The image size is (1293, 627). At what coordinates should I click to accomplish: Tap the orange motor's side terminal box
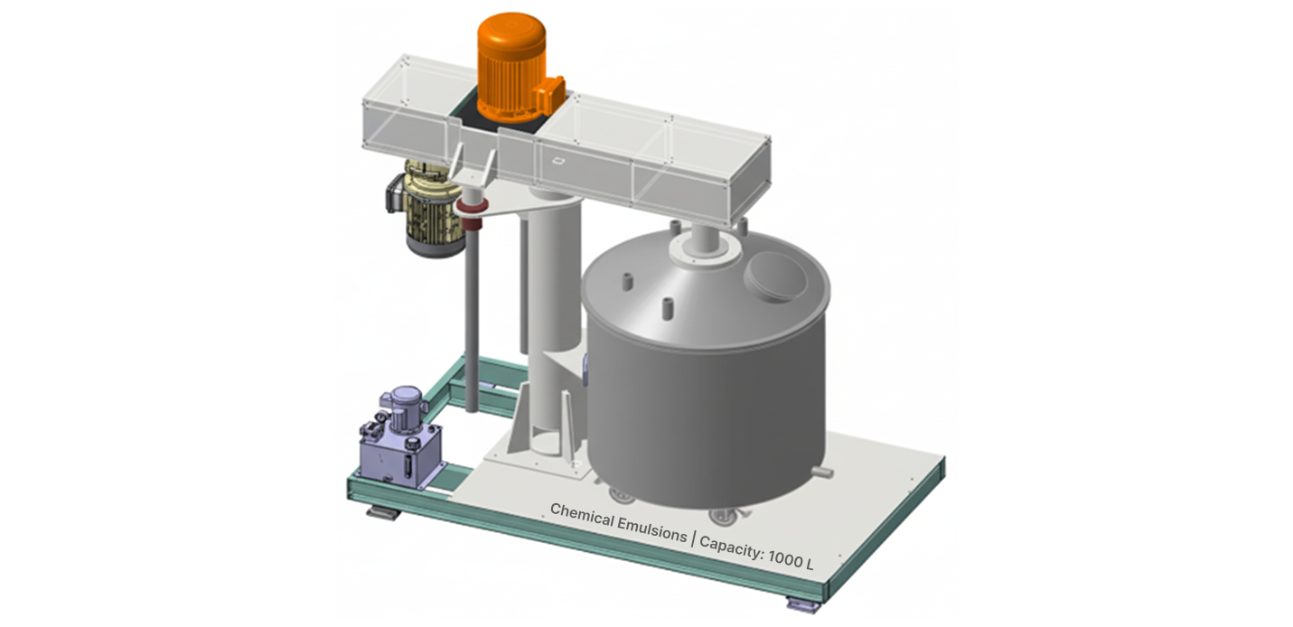550,92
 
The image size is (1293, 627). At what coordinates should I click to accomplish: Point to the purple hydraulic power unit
400,439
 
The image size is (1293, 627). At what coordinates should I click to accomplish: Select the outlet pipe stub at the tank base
822,473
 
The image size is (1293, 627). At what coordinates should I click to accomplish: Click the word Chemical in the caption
582,516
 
